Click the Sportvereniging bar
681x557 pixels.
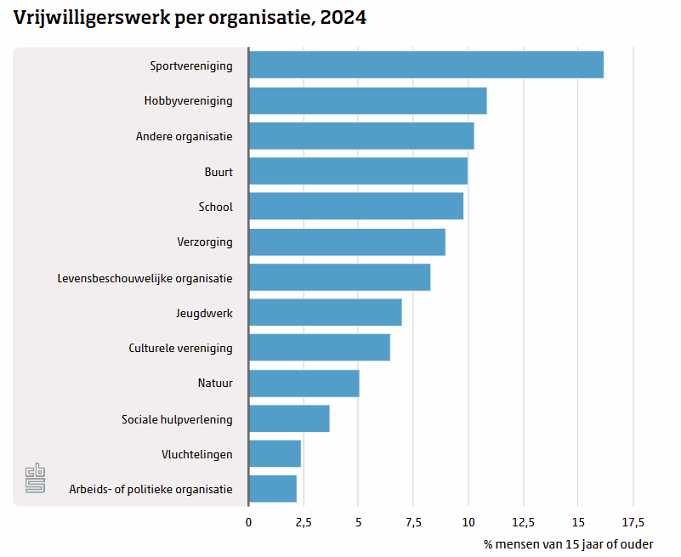(x=426, y=65)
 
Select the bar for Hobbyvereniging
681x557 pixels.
(x=367, y=100)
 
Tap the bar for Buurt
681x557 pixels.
(x=358, y=171)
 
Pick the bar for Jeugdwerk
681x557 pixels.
(x=325, y=312)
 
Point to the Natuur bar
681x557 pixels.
(x=304, y=383)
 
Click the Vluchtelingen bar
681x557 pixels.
(x=275, y=453)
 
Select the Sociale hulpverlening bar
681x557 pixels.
(x=289, y=418)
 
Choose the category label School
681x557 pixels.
(x=215, y=207)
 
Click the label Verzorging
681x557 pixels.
(x=205, y=242)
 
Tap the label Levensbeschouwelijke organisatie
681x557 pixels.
(x=145, y=278)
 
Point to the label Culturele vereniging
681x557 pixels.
(x=181, y=348)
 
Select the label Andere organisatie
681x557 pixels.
(x=184, y=136)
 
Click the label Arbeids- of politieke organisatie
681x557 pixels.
(x=151, y=489)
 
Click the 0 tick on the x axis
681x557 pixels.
(x=248, y=521)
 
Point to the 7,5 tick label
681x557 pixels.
(x=412, y=521)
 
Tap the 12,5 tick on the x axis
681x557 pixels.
(x=523, y=521)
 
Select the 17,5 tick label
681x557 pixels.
(x=633, y=521)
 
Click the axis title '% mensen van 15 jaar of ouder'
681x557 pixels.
(x=569, y=543)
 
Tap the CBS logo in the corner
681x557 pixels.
(x=35, y=478)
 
